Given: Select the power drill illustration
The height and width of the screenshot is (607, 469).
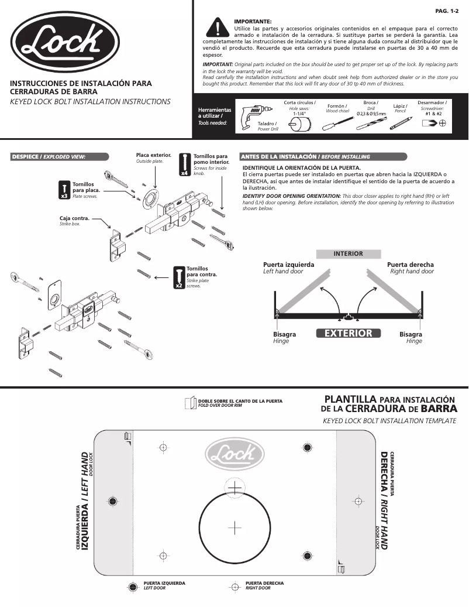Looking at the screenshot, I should pos(253,113).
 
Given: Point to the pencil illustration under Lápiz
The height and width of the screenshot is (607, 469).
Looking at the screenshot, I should pos(401,122).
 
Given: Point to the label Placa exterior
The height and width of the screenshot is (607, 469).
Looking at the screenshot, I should pos(153,156).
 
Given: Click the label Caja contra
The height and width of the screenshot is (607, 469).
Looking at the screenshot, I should pos(74,218).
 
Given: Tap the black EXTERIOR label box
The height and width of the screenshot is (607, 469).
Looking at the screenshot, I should pos(348,333).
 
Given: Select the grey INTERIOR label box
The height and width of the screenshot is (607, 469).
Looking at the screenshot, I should pos(348,254).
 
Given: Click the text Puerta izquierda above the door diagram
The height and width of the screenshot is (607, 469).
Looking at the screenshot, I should pos(288,265).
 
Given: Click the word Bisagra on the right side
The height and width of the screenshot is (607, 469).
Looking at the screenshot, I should pos(411,334).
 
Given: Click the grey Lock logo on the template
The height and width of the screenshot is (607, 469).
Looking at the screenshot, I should pos(234,454).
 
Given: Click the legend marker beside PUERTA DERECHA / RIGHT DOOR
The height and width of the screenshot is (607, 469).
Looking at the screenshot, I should pos(235,586).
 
